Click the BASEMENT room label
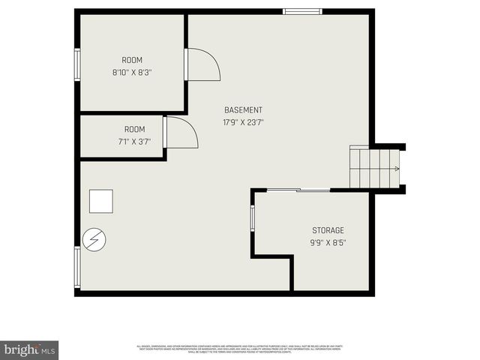(x=243, y=110)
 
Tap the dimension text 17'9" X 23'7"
(x=243, y=122)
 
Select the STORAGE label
(x=328, y=230)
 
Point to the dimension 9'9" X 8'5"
(x=328, y=242)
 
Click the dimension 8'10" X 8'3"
(x=133, y=73)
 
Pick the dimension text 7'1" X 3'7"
(x=134, y=141)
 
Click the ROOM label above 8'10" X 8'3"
(x=133, y=60)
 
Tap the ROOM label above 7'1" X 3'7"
(x=134, y=129)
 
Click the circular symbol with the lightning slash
(x=94, y=240)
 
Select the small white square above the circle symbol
(x=101, y=201)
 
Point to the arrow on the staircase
(x=395, y=169)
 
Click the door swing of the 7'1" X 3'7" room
(x=180, y=133)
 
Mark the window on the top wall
(x=302, y=11)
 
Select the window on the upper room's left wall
(x=77, y=64)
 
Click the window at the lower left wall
(x=77, y=268)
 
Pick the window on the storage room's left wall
(x=253, y=217)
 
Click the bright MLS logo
(x=30, y=349)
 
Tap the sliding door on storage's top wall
(x=298, y=190)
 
